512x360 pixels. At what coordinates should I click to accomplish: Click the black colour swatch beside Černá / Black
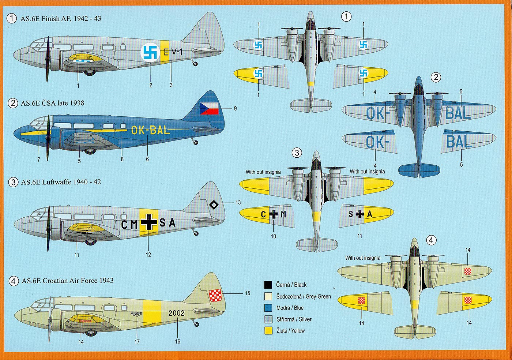[268, 285]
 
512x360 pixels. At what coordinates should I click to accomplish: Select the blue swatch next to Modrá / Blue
[268, 308]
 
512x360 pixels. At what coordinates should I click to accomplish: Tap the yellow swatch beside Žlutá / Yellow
[268, 330]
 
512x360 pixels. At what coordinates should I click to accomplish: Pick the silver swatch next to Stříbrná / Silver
[268, 319]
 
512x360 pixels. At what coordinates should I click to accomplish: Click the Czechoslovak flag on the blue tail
[209, 108]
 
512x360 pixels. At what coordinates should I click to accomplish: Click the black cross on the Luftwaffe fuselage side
[149, 222]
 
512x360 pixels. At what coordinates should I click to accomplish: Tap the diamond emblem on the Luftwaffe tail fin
[214, 205]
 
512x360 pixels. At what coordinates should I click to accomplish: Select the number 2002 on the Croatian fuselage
[176, 313]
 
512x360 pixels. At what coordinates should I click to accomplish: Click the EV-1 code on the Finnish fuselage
[173, 52]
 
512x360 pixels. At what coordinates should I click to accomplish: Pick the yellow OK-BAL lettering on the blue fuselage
[150, 130]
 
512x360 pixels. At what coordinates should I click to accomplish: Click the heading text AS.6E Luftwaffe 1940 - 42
[61, 182]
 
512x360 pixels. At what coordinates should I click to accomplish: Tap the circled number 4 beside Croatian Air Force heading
[13, 281]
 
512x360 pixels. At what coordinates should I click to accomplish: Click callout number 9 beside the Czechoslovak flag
[236, 108]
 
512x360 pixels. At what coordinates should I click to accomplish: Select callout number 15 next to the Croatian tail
[248, 293]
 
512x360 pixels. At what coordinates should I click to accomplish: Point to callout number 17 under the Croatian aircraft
[137, 341]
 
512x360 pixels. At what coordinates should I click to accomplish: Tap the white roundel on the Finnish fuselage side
[150, 53]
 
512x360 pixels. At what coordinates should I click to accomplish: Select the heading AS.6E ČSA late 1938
[52, 103]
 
